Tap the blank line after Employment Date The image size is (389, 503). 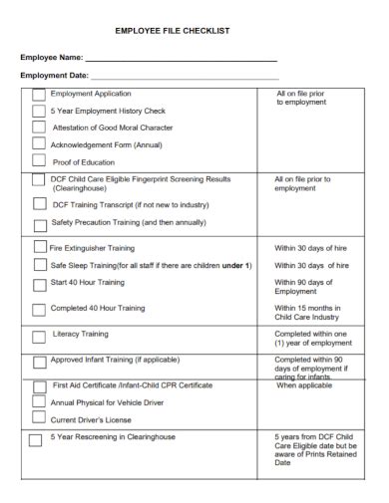(185, 77)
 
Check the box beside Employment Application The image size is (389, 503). (38, 95)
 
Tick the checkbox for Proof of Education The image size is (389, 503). (38, 160)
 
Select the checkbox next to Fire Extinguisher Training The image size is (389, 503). (40, 246)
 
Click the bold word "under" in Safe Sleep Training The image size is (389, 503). (235, 266)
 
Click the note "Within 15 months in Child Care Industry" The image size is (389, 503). (310, 313)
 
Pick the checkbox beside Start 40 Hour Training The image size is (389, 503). (39, 285)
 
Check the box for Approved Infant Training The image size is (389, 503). (38, 362)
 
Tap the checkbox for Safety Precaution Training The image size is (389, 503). (38, 223)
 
